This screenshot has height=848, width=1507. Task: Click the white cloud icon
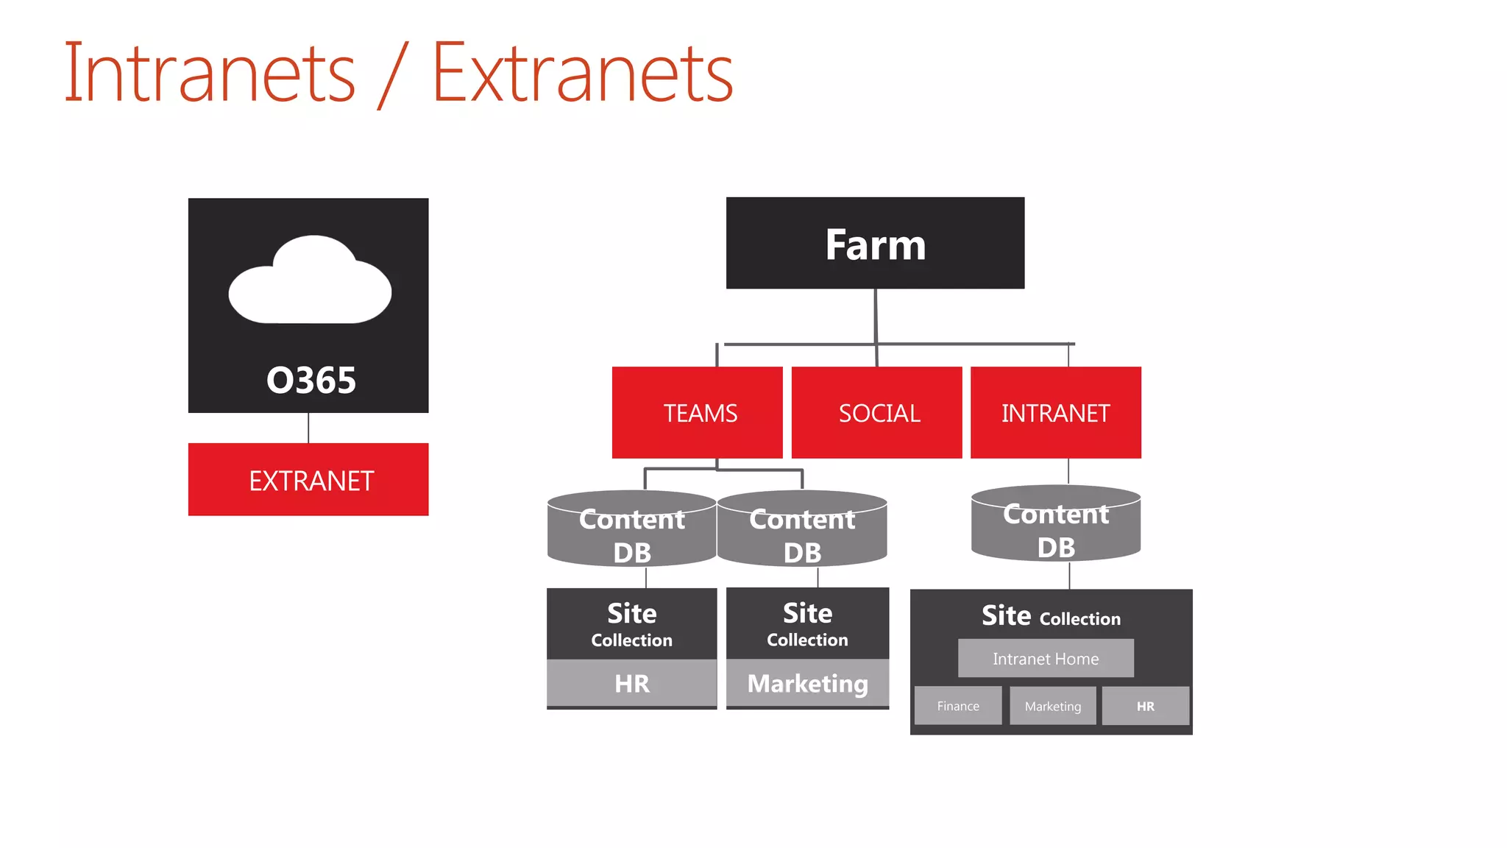(x=310, y=281)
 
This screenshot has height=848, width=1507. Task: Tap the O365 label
(x=311, y=381)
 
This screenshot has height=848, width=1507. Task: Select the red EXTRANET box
(x=308, y=479)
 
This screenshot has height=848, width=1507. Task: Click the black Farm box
(x=875, y=243)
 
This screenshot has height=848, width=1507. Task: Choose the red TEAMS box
(x=697, y=412)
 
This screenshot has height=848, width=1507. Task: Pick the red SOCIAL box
(x=876, y=412)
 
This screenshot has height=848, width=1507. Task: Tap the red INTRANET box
(x=1055, y=412)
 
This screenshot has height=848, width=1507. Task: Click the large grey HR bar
(x=631, y=683)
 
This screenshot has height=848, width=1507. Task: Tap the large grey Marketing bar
(x=807, y=683)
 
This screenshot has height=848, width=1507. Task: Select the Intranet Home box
(x=1046, y=658)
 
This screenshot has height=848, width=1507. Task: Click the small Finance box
(x=958, y=706)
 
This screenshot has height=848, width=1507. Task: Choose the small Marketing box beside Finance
(x=1053, y=706)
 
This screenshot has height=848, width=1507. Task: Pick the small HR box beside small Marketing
(x=1146, y=706)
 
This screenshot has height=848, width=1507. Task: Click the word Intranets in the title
(x=210, y=74)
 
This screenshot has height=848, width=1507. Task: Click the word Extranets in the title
(x=582, y=74)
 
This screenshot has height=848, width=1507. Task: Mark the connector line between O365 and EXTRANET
(x=308, y=428)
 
